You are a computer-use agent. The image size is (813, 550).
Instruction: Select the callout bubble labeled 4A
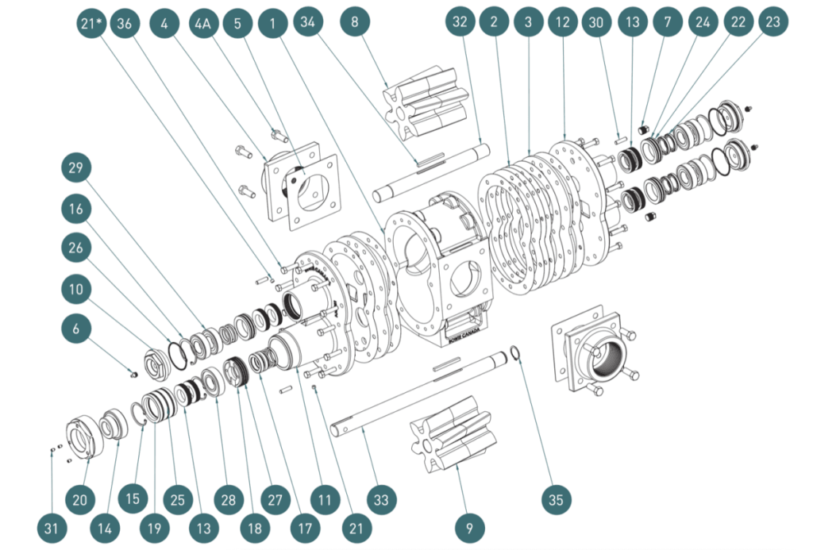(x=204, y=24)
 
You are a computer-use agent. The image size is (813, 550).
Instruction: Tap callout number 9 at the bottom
(x=469, y=526)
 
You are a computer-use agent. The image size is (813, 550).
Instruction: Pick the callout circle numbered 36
(x=124, y=24)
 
